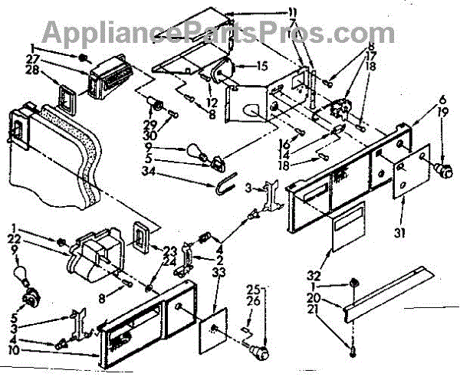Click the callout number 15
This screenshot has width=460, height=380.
click(261, 67)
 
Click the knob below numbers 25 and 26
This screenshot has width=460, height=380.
click(262, 352)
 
